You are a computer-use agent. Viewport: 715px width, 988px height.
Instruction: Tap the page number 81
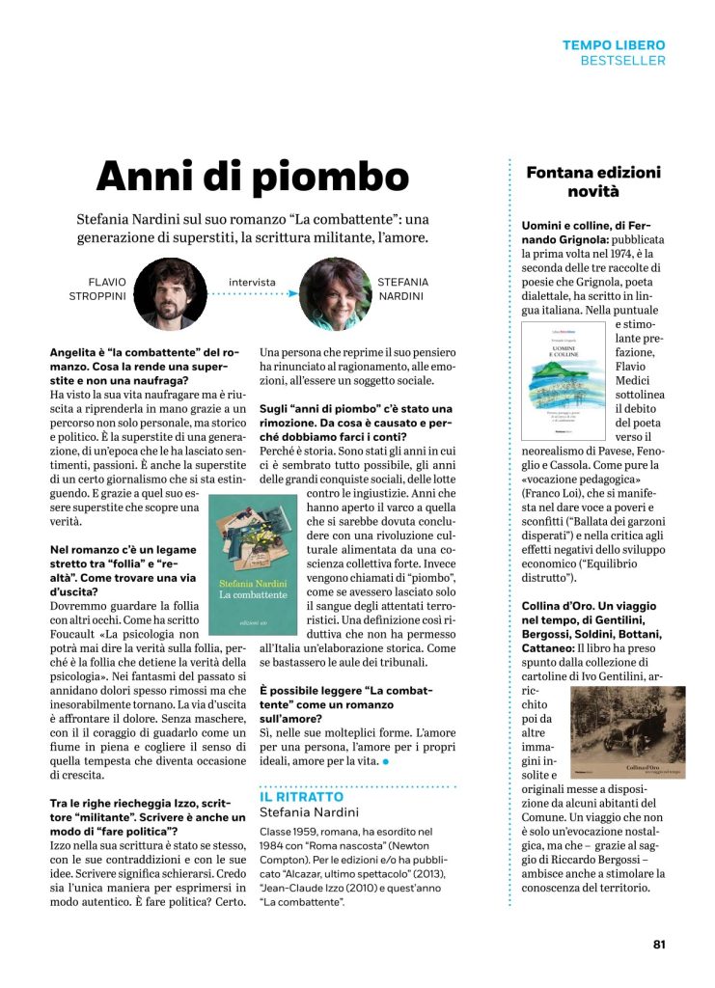(x=658, y=944)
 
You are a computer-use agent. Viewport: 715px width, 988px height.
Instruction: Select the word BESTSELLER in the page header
(x=622, y=61)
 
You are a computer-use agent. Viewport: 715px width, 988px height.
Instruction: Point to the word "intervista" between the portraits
(x=252, y=283)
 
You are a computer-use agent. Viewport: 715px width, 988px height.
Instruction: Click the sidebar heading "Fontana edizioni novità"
(x=606, y=182)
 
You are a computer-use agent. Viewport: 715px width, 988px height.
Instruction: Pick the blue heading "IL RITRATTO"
(x=301, y=797)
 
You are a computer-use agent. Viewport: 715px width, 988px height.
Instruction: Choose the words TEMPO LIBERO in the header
(x=614, y=44)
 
